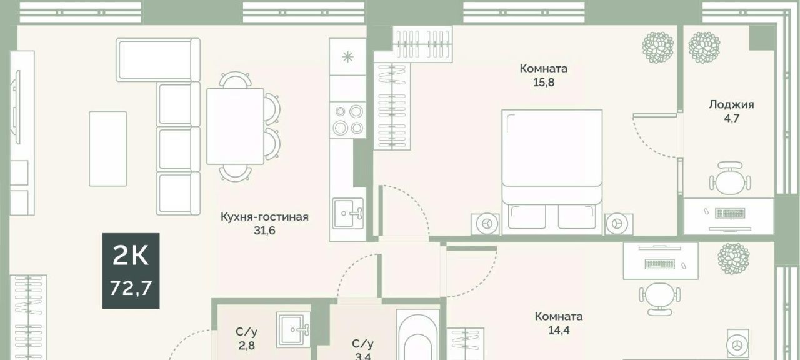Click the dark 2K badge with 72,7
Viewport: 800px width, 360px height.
[x=131, y=271]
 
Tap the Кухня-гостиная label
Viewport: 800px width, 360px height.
[x=264, y=217]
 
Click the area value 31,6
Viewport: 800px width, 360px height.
[x=264, y=231]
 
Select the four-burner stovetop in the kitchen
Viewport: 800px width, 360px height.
[x=347, y=119]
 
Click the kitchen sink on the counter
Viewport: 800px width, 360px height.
[x=348, y=214]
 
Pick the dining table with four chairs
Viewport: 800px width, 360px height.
[x=244, y=126]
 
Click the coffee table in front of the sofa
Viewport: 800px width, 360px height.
[x=108, y=149]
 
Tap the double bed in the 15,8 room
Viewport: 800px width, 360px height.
[x=552, y=172]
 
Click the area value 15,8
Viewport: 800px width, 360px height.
[x=544, y=82]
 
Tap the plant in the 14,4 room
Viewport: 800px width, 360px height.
[x=734, y=259]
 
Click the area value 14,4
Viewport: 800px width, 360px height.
[x=559, y=331]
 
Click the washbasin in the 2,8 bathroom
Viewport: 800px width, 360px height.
[x=293, y=329]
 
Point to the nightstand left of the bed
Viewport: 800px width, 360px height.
[x=485, y=224]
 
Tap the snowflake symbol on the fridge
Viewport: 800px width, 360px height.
[x=347, y=57]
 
